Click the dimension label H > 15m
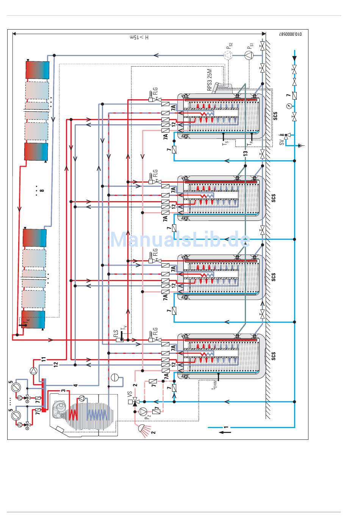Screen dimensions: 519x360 click(139, 38)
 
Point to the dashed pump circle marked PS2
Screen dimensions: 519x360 click(228, 56)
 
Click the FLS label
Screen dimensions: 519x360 click(116, 334)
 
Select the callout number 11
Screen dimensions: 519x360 click(44, 358)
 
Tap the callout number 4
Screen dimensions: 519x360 click(75, 385)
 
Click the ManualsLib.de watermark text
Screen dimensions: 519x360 click(180, 239)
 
